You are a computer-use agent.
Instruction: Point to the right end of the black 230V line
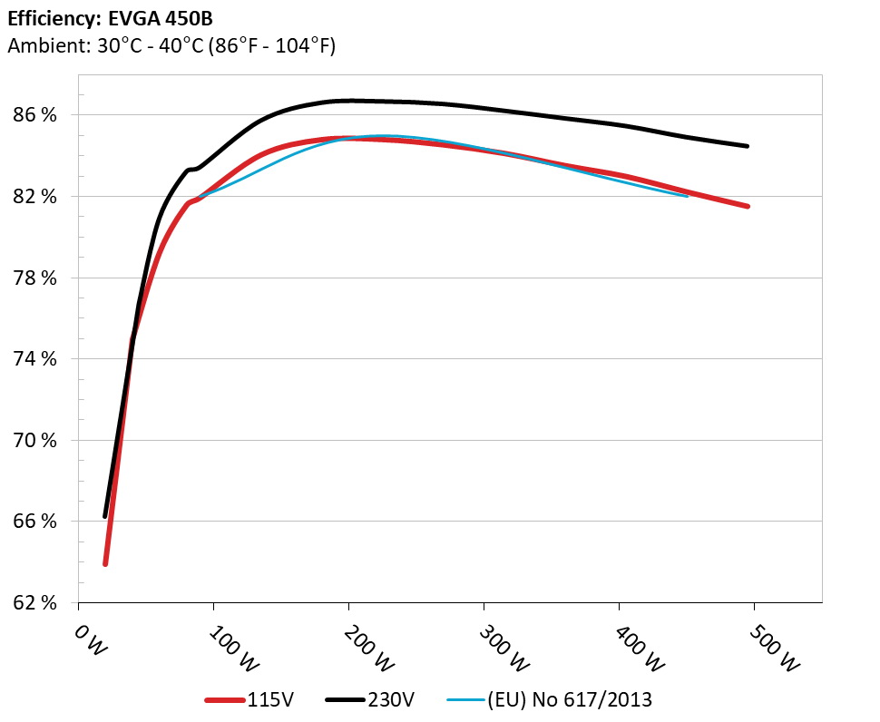(748, 146)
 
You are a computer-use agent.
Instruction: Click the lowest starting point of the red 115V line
(105, 564)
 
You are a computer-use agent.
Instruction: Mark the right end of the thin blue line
(688, 196)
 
